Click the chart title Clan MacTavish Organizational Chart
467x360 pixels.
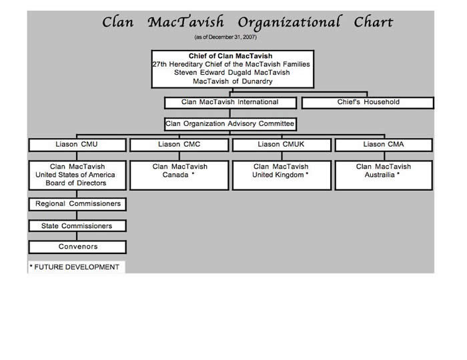pos(248,22)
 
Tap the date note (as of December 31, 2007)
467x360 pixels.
pos(225,37)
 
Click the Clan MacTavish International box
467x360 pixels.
pos(230,103)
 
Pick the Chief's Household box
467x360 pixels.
pos(368,103)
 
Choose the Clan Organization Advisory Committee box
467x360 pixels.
pos(230,124)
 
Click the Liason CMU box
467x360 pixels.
pos(77,145)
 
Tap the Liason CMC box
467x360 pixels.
pos(179,145)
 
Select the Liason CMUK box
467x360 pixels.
pos(281,145)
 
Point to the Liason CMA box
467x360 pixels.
pos(383,145)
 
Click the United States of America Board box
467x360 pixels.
pos(77,175)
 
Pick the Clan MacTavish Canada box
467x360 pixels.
pos(179,175)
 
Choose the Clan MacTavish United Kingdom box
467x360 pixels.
pos(281,175)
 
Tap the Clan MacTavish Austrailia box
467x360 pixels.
pos(383,175)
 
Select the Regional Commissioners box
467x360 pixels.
pos(77,204)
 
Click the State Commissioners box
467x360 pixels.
pos(77,226)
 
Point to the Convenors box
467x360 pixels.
pos(77,247)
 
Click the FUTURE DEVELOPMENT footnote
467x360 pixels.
pos(75,267)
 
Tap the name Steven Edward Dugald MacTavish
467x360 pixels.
pos(232,73)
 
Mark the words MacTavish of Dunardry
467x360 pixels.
pos(232,81)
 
